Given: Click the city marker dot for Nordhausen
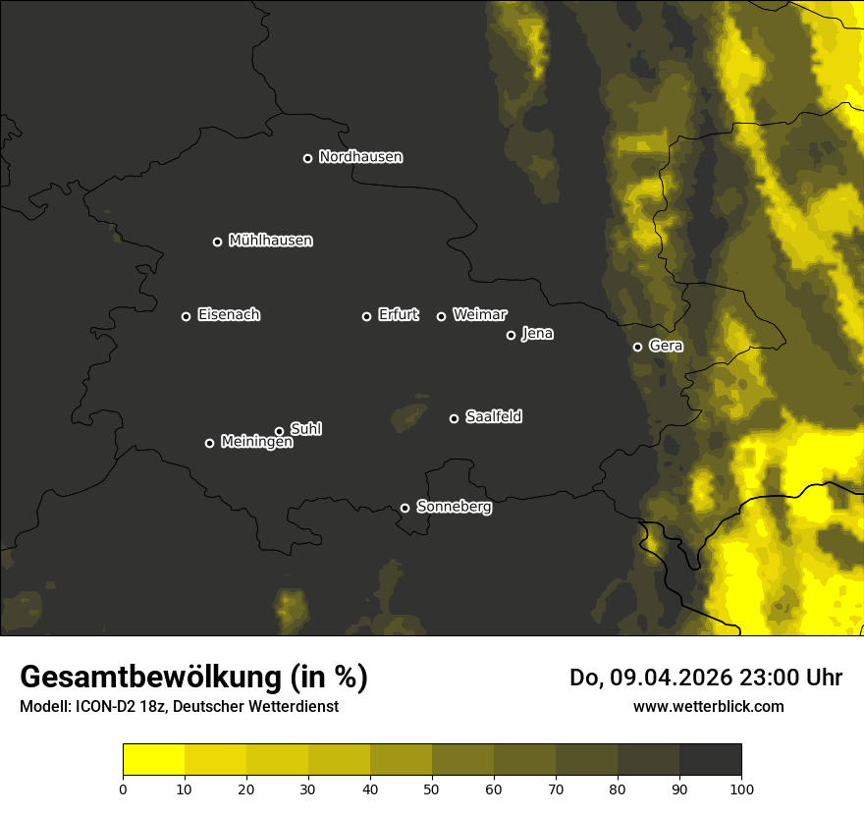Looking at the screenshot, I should click(x=307, y=158).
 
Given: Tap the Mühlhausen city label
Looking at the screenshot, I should click(x=270, y=241).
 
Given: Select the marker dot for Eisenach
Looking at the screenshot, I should click(x=186, y=316).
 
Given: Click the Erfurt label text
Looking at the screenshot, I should click(x=398, y=315).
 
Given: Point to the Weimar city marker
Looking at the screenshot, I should click(x=441, y=316).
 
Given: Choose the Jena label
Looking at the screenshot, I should click(x=537, y=334).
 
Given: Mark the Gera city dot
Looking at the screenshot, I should click(x=637, y=347).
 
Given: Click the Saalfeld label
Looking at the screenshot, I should click(x=493, y=417).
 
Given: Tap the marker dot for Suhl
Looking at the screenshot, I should click(x=279, y=431).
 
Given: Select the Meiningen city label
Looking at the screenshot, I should click(x=256, y=443).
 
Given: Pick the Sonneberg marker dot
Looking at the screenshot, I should click(x=405, y=508).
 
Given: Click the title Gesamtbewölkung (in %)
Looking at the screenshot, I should click(x=193, y=677).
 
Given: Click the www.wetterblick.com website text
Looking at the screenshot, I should click(x=708, y=706).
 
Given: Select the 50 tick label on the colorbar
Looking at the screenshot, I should click(x=432, y=788).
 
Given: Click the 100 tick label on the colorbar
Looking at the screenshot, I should click(x=741, y=788).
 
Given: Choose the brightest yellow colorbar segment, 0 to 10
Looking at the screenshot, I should click(x=153, y=760).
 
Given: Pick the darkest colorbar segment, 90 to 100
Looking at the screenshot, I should click(x=710, y=760).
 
